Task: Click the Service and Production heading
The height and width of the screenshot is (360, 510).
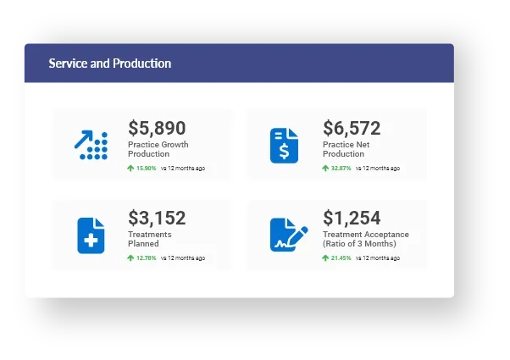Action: pos(110,64)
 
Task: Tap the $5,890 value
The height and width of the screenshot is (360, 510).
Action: pos(157,128)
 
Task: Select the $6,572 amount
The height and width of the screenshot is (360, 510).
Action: pos(352,128)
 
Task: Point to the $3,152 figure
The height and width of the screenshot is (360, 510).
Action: pos(157,218)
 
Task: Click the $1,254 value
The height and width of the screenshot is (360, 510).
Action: pos(352,218)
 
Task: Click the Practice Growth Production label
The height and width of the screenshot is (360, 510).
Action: pos(158,149)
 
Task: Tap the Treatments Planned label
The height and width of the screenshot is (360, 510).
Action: pos(150,239)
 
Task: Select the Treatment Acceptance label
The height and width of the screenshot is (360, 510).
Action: pos(366,239)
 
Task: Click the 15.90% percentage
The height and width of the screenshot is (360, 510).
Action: pos(147,169)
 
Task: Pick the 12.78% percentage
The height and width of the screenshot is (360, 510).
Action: pos(147,258)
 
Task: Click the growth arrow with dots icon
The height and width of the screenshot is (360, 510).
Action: pos(91,146)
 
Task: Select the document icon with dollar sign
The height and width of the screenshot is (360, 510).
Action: pos(285,146)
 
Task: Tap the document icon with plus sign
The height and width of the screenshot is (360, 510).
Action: pos(91,235)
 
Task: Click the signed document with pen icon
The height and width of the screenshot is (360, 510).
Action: pos(285,235)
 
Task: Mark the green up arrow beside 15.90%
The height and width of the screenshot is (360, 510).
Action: pos(130,169)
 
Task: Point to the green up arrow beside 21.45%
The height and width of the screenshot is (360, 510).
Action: pos(325,258)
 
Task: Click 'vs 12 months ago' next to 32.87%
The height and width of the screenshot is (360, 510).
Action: pos(378,169)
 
